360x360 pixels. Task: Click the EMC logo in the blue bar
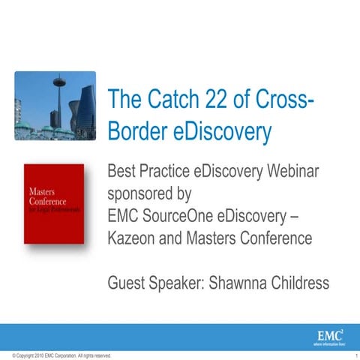[331, 334]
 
